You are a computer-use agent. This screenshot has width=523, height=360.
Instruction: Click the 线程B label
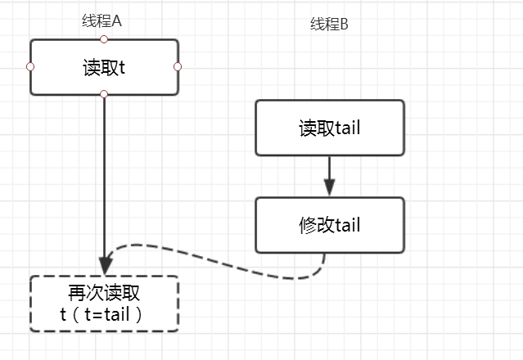point(329,25)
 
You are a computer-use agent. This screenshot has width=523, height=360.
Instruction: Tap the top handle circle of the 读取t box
point(104,38)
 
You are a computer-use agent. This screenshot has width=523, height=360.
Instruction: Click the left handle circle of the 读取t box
point(30,66)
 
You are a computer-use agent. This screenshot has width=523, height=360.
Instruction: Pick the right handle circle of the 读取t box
point(178,66)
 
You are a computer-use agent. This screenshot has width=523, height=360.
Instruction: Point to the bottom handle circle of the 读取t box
point(104,94)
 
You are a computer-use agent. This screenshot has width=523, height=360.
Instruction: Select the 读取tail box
point(329,128)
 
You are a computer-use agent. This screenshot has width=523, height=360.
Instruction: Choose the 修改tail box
point(329,225)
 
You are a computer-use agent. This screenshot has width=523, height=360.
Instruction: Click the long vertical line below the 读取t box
point(104,180)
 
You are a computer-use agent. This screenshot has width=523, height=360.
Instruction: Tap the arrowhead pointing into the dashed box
point(104,267)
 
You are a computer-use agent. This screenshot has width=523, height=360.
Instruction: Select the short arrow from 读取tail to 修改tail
point(329,175)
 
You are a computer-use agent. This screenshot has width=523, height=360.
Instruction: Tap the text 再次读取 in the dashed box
point(103,294)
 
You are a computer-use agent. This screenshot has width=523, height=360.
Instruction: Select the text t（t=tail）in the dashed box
point(103,314)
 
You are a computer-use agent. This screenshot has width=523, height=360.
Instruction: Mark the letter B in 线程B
point(344,25)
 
